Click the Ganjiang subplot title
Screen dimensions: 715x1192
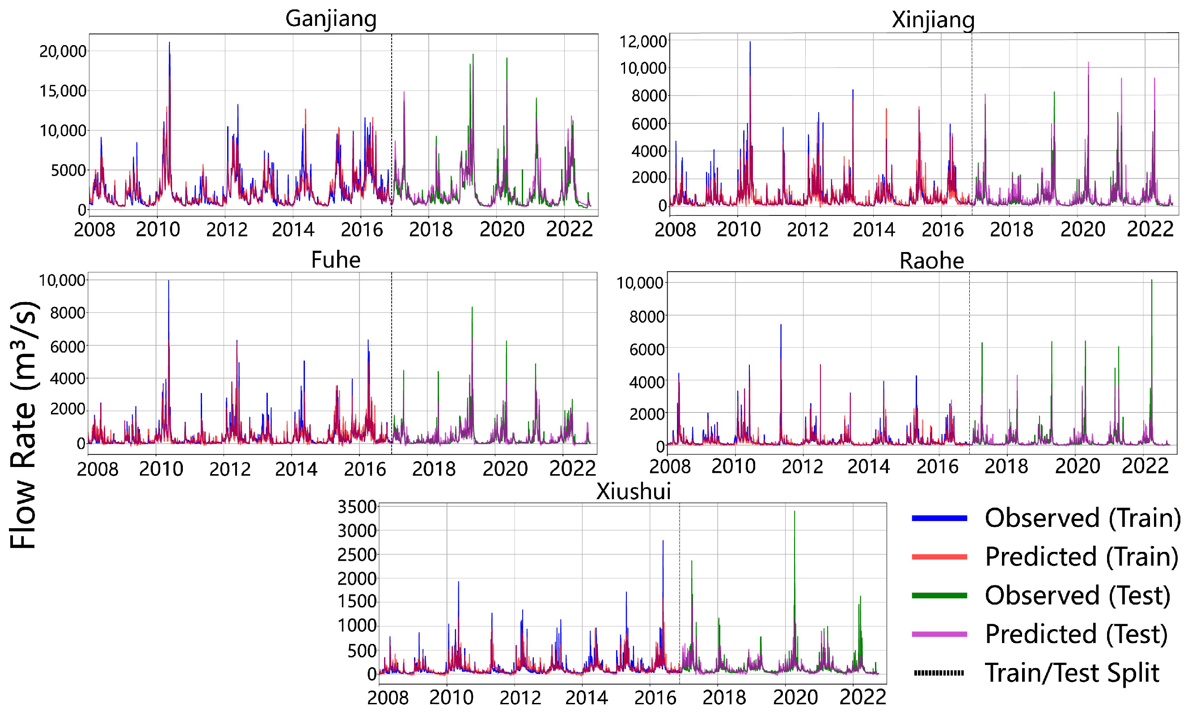click(x=331, y=19)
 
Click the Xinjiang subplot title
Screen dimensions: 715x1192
click(x=933, y=20)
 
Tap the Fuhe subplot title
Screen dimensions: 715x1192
click(x=335, y=260)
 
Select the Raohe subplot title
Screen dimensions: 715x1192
click(x=931, y=261)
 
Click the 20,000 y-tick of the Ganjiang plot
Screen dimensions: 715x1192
click(x=63, y=51)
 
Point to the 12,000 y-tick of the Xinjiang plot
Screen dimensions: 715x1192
click(x=642, y=42)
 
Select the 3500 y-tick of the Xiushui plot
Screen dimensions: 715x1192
click(x=357, y=507)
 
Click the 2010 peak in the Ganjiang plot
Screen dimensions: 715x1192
click(x=169, y=43)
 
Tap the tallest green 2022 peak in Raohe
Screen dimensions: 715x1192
click(x=1151, y=281)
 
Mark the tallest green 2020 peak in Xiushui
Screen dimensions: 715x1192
click(x=795, y=513)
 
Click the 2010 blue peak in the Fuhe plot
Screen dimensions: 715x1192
click(x=168, y=282)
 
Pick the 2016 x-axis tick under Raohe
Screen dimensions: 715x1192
click(x=937, y=467)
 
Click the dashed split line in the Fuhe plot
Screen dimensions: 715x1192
click(x=391, y=362)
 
